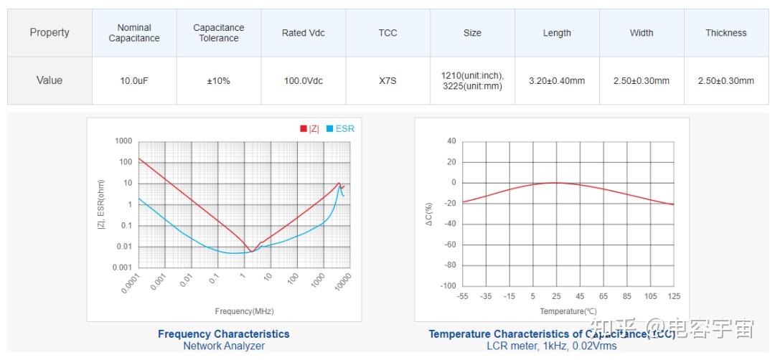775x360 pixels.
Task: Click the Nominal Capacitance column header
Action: point(134,33)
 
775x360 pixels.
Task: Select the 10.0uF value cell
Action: point(134,81)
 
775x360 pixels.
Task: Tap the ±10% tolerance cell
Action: point(218,81)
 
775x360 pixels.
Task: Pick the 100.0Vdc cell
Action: point(304,81)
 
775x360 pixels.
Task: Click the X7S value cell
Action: point(387,81)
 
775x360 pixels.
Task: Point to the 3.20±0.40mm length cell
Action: point(557,81)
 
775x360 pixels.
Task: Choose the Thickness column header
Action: point(725,33)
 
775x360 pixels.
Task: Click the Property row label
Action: point(50,33)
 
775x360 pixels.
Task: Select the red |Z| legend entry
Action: point(309,129)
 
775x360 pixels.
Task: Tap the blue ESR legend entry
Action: point(340,129)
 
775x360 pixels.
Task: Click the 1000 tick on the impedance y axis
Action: point(123,141)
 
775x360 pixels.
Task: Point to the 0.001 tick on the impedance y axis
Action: point(121,267)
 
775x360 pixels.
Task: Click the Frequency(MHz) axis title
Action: point(244,311)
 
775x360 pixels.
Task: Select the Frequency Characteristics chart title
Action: point(224,334)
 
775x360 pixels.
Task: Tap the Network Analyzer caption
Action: point(224,346)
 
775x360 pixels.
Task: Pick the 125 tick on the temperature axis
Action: point(674,296)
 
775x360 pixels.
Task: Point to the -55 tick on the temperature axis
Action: point(463,296)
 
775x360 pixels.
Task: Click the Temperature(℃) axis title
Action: point(568,311)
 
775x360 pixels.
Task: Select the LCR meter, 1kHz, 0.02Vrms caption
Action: point(552,346)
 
